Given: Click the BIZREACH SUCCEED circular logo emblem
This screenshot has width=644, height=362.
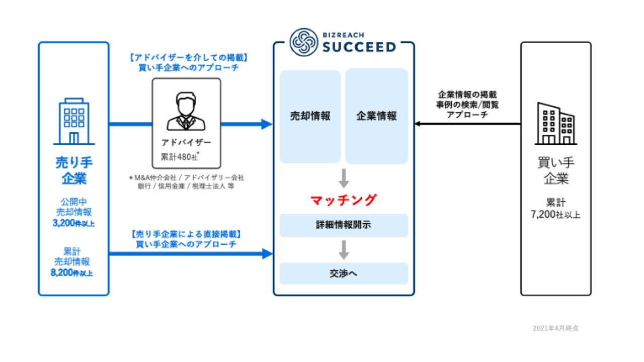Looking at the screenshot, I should coord(304,42).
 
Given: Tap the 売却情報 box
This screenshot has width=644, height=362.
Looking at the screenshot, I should coord(310,116).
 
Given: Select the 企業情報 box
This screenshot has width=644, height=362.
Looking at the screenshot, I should coord(376,116).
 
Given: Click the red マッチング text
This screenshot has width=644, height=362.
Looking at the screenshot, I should coord(343,200).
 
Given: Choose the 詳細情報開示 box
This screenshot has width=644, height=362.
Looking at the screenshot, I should coord(344,225).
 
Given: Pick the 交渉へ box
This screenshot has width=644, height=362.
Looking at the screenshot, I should coord(344,274).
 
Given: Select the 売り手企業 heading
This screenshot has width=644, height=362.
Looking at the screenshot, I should coord(73,170).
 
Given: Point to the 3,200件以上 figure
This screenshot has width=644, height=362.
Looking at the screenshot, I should coord(73,223).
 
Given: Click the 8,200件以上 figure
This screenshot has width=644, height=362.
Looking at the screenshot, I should coord(73,273).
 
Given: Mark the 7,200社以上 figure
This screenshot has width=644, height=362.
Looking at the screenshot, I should coord(555,215).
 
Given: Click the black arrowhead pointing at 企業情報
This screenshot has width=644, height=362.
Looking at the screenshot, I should coord(418,124).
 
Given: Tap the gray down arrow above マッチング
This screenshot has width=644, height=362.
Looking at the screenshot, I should coord(344,178).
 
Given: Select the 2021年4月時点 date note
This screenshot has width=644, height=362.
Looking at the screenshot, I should coord(555,328).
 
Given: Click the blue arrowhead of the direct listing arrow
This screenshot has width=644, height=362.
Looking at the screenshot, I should coord(267,253).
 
